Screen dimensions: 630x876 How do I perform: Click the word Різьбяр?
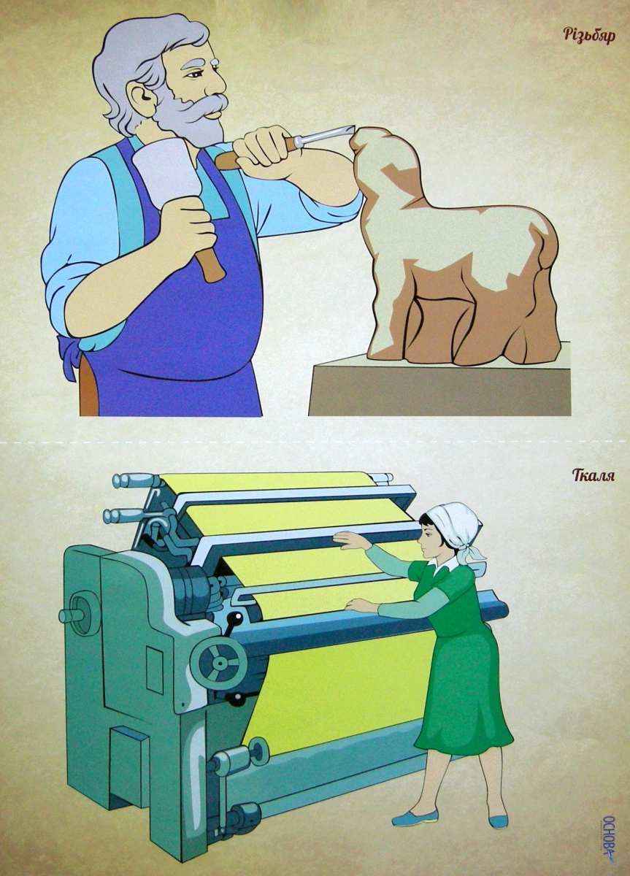(x=589, y=36)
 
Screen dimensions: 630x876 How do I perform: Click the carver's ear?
(x=143, y=96)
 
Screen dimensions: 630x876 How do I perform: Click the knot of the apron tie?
(x=69, y=343)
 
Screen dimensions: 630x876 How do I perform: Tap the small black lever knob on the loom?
(x=236, y=617)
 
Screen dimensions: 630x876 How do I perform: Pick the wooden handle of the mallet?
(x=210, y=255)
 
